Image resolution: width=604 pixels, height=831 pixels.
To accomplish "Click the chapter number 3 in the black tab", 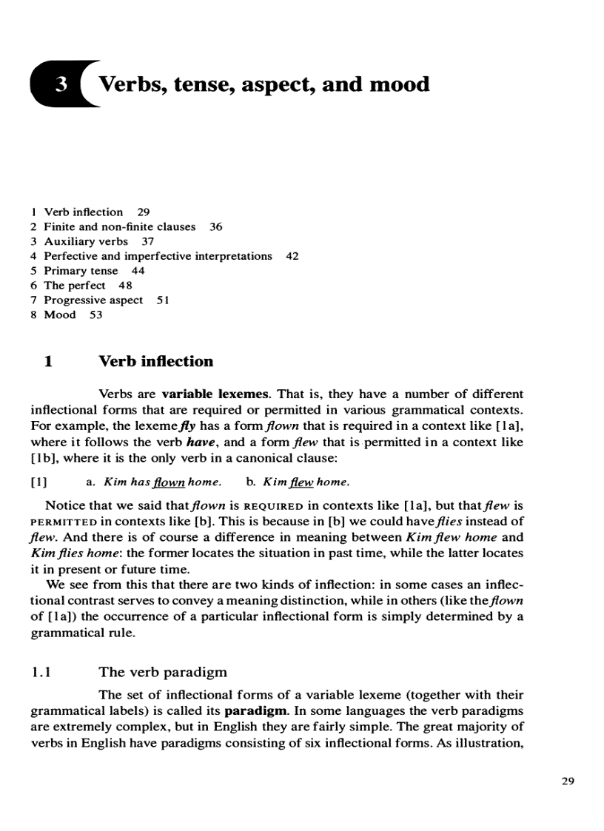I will pos(61,85).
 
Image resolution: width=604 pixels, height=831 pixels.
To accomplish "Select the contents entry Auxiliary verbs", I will pos(86,241).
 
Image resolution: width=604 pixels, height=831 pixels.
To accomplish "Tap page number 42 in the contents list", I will pos(292,256).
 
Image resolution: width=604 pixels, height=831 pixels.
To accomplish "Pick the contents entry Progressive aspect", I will pos(93,300).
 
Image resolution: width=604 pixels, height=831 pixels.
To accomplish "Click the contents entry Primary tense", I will pos(81,271).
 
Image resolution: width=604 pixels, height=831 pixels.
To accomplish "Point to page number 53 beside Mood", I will pos(95,315).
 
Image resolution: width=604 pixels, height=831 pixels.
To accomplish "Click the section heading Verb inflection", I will pos(155,361).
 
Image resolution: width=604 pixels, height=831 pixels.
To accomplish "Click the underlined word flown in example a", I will pos(169,482).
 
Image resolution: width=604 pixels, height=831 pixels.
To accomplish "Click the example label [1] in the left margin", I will pos(39,482).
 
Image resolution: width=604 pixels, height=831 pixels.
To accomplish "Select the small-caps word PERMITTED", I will pos(61,522).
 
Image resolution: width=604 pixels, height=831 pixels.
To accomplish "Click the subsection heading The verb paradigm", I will pos(163,673).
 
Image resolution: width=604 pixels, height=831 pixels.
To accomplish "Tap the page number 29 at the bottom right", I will pos(568,781).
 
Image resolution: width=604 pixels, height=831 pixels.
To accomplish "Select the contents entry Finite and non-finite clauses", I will pos(119,226).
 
